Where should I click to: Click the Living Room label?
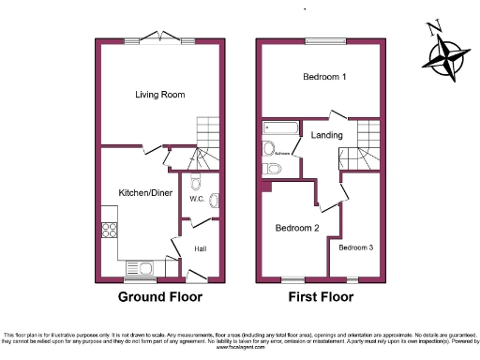[159, 95]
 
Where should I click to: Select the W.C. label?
[197, 199]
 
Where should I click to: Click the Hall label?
[201, 248]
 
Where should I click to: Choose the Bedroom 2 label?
[296, 228]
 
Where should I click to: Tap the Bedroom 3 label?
[356, 247]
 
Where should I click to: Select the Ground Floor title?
[159, 297]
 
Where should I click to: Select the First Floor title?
[320, 297]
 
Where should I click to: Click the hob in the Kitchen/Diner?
[110, 232]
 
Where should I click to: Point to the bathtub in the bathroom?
[279, 127]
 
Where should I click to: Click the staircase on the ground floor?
[205, 141]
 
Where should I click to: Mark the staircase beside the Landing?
[365, 141]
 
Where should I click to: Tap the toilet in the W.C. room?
[195, 182]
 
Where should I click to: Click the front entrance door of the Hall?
[197, 276]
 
